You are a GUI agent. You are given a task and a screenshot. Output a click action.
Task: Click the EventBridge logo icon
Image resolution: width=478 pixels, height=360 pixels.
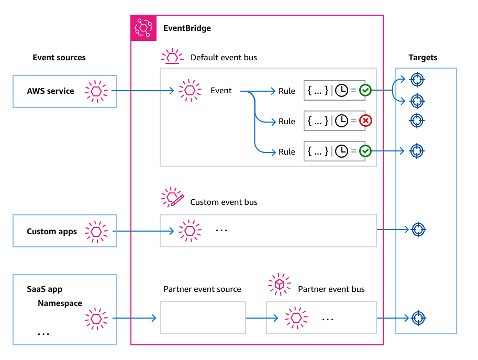click(143, 28)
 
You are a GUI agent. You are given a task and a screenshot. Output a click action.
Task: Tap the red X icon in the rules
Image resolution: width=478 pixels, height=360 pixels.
click(366, 121)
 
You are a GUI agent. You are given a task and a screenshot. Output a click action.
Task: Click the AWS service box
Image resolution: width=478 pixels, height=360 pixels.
click(64, 91)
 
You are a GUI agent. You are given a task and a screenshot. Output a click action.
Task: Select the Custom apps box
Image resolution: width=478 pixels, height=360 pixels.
click(64, 231)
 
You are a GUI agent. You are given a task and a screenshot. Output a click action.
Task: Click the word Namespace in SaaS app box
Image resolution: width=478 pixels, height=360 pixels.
click(60, 303)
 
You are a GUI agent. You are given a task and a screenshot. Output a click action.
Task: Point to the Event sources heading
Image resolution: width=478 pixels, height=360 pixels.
click(59, 58)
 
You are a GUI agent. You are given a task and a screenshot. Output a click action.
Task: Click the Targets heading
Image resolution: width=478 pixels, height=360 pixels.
click(423, 58)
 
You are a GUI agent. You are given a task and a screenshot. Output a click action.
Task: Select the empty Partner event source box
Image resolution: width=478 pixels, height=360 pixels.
click(203, 318)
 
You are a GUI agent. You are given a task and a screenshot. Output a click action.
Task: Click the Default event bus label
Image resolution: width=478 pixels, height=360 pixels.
click(224, 57)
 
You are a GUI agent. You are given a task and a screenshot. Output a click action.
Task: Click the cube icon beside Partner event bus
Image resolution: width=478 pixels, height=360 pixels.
click(280, 284)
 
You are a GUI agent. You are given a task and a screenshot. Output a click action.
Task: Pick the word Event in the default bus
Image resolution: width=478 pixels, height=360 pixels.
click(221, 91)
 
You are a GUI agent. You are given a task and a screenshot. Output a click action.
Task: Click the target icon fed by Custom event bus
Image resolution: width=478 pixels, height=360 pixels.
click(418, 230)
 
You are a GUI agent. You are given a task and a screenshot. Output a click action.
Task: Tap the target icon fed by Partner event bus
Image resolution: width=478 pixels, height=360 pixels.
click(418, 318)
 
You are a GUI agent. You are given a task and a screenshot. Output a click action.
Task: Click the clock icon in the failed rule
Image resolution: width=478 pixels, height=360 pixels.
click(341, 121)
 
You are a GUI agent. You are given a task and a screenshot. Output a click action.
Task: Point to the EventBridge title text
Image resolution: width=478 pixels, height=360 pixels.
click(187, 28)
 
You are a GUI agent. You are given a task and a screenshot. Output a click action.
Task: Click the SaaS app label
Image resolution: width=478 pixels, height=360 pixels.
click(45, 289)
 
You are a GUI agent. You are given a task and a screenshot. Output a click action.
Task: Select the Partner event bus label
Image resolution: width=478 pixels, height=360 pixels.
click(331, 289)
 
